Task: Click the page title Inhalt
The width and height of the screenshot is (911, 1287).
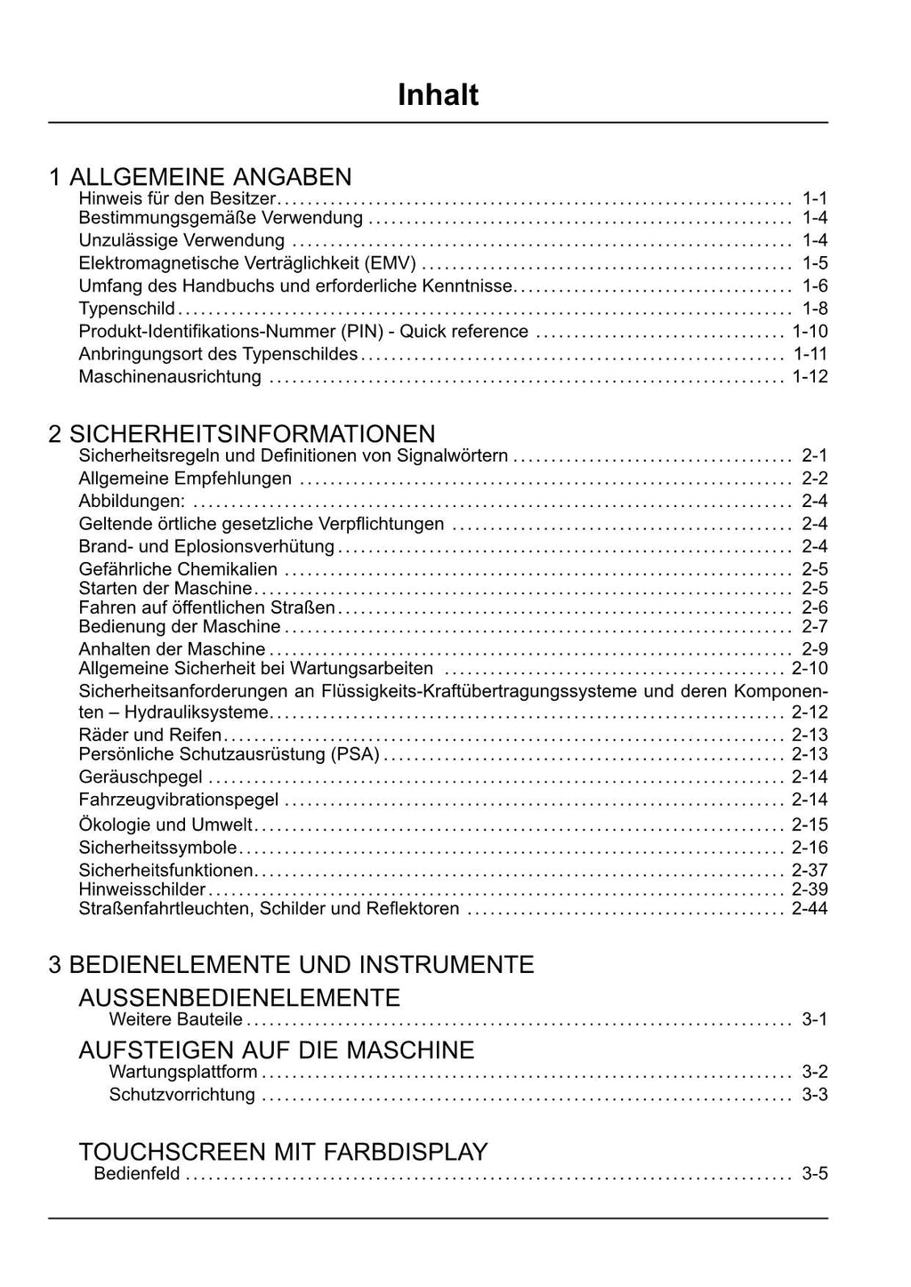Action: click(x=438, y=95)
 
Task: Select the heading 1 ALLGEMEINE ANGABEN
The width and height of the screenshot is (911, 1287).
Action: click(x=200, y=177)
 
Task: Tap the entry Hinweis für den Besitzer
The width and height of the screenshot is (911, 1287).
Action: click(x=177, y=198)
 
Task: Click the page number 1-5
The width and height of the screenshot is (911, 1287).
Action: click(x=814, y=263)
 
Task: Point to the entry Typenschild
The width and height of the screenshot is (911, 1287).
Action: click(x=126, y=309)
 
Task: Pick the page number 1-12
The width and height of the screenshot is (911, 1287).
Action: click(x=810, y=377)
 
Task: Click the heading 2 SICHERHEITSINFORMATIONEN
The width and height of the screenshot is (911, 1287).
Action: click(x=242, y=434)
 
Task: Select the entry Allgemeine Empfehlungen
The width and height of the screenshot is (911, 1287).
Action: click(x=185, y=479)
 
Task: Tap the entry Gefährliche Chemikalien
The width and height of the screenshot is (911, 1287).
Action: click(x=178, y=569)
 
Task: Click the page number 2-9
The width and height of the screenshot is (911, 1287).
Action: click(x=814, y=649)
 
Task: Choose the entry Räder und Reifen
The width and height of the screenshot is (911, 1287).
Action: click(x=150, y=735)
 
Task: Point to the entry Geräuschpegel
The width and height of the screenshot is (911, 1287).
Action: click(x=141, y=777)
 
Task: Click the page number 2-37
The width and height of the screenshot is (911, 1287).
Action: click(x=810, y=870)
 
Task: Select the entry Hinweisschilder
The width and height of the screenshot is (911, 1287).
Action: click(x=142, y=889)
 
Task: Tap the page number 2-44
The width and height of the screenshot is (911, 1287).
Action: click(x=810, y=909)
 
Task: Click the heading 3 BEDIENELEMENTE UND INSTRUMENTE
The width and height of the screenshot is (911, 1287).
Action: click(x=291, y=965)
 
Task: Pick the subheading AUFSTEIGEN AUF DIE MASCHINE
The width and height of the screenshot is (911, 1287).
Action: click(x=277, y=1050)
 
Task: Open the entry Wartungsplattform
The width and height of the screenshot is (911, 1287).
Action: click(x=183, y=1073)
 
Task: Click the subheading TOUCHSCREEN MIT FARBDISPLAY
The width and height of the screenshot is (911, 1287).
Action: click(x=283, y=1153)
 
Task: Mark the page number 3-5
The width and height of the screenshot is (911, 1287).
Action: click(x=814, y=1174)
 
